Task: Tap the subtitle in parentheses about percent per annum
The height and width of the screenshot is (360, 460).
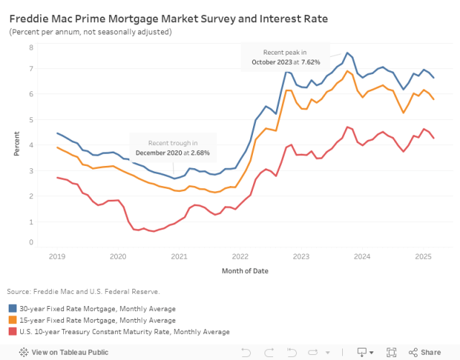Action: pos(91,32)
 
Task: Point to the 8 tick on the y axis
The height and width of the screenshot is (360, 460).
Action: pos(31,47)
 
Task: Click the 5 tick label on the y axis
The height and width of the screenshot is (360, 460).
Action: pos(31,119)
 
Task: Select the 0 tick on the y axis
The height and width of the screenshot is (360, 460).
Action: pos(31,242)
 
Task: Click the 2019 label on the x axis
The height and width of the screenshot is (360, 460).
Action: pos(57,257)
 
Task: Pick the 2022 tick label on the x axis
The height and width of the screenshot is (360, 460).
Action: pos(240,257)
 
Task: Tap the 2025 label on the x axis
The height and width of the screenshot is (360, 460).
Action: pos(423,257)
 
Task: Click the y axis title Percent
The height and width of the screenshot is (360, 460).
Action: pos(17,144)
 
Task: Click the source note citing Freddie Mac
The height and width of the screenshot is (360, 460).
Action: pos(83,291)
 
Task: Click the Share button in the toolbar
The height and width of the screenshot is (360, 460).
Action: pos(425,352)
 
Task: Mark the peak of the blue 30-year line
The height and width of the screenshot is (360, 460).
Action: pos(347,52)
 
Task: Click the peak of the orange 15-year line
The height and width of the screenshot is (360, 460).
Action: pos(347,70)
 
